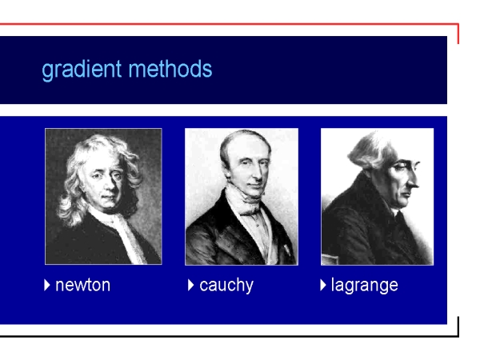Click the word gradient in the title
point(82,70)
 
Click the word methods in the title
point(170,69)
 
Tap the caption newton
point(82,285)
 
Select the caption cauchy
point(226,286)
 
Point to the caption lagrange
point(365,286)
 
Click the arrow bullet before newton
point(47,285)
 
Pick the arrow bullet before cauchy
point(190,285)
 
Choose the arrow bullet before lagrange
point(323,285)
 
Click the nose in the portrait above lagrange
point(414,182)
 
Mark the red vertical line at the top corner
point(458,34)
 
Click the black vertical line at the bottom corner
point(458,326)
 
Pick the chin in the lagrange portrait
point(403,203)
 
